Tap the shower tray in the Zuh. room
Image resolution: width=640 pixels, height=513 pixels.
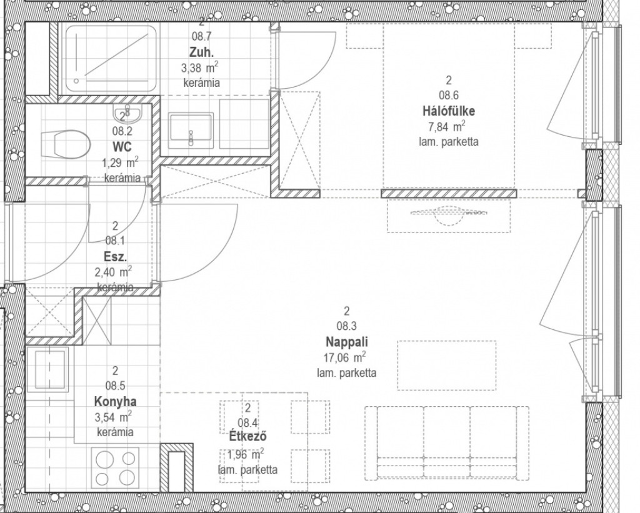tap(111, 58)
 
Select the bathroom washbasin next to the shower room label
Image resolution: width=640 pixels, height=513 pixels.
tap(191, 127)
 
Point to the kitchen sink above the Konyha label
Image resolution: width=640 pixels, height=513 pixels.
tap(51, 369)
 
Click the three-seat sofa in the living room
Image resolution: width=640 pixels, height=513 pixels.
tap(447, 443)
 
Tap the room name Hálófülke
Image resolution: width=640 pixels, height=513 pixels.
tap(449, 111)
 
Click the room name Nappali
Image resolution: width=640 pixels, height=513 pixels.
tap(346, 341)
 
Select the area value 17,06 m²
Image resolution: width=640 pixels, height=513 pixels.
tap(344, 357)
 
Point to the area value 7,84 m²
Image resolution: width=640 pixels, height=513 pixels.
tap(446, 126)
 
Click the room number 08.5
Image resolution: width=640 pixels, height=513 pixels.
tap(115, 386)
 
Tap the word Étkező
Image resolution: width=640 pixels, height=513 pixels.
tap(247, 436)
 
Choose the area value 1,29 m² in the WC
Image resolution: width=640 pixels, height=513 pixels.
tap(119, 162)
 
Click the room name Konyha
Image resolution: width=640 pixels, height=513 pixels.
tap(115, 402)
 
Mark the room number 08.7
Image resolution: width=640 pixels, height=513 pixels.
tap(202, 36)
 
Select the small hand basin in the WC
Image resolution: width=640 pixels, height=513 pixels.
tap(127, 112)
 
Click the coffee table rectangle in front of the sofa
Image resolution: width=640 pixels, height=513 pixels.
tap(447, 366)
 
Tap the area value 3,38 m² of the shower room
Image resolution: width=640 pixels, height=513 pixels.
tap(199, 67)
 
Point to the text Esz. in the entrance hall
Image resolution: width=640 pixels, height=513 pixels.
tap(115, 257)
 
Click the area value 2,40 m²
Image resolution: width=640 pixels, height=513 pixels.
tap(113, 272)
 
